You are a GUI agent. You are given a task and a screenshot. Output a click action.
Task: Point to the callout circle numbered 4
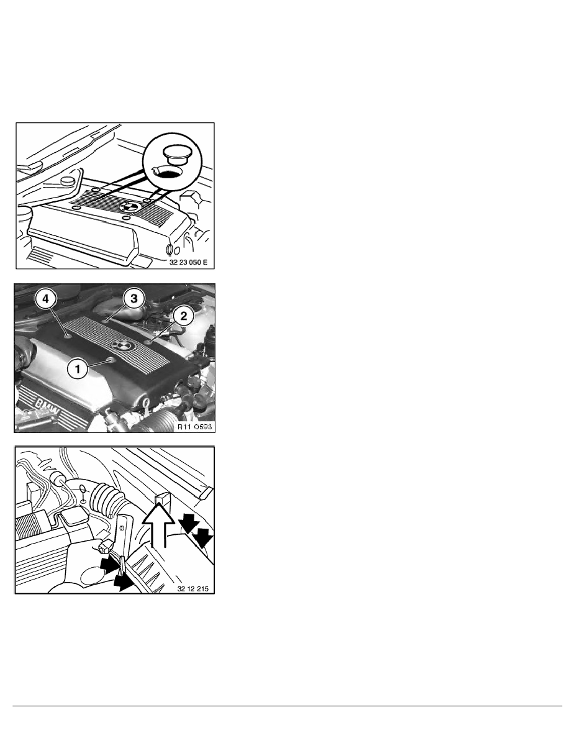pyautogui.click(x=43, y=298)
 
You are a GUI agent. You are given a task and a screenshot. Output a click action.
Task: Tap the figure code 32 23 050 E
pyautogui.click(x=190, y=262)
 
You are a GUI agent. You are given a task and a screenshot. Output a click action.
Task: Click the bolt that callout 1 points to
pyautogui.click(x=111, y=359)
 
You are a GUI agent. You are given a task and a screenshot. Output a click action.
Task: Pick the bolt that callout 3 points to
pyautogui.click(x=107, y=322)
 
